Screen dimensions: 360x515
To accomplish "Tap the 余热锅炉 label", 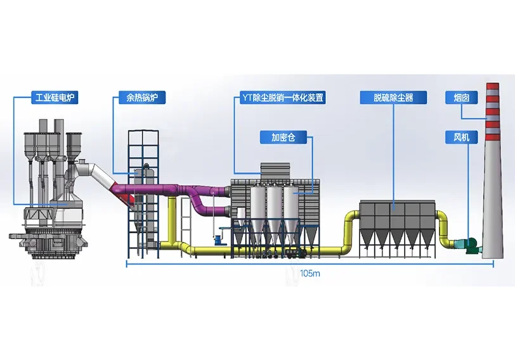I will [x=133, y=98].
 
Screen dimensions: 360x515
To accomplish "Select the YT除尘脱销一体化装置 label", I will [x=284, y=98].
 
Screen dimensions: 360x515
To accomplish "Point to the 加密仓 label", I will [x=280, y=136].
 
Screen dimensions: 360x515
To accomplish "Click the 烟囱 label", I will [x=461, y=98].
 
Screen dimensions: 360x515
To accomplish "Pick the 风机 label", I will [x=461, y=136].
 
